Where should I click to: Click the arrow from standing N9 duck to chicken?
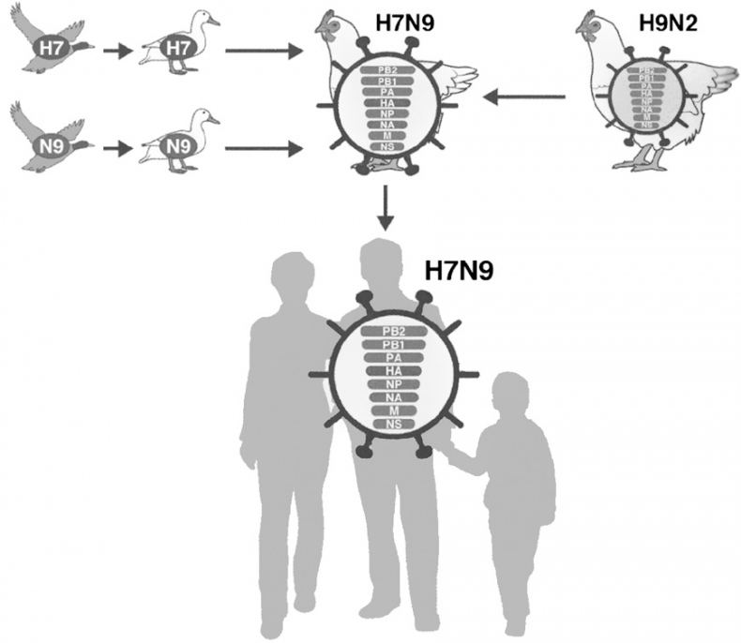point(263,146)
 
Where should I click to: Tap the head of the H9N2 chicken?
point(592,24)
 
